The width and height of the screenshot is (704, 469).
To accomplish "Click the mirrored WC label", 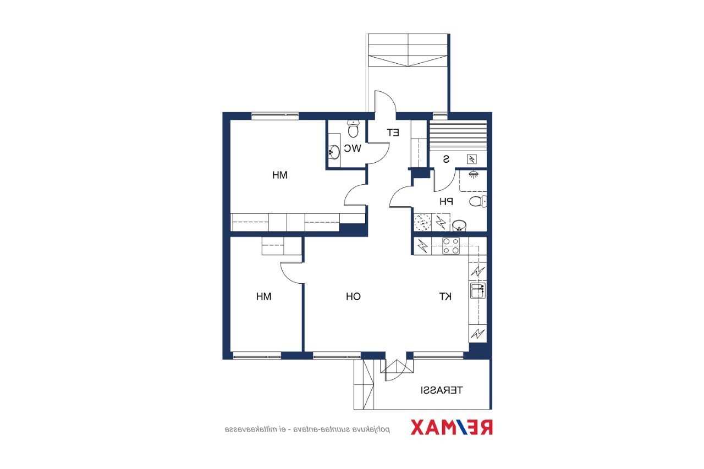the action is tap(353, 148).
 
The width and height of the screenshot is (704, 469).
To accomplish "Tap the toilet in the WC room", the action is tap(353, 129).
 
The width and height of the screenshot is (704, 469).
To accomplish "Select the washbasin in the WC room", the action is tap(334, 152).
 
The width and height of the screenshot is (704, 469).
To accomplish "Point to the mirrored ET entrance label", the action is tap(393, 133).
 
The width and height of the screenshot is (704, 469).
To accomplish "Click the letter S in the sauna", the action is tap(446, 159).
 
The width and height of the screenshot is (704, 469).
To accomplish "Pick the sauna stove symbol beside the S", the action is tap(471, 159).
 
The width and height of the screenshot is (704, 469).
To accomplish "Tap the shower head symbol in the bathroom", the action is tap(472, 174).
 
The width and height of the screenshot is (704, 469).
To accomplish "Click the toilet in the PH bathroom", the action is tap(478, 201).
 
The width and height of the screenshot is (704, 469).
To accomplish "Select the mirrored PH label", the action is tap(446, 201).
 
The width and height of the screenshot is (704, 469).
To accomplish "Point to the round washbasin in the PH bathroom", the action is tap(459, 225).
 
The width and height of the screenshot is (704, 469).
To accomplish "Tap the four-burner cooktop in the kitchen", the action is tap(451, 246).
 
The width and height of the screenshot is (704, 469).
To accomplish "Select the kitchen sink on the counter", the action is tap(478, 290).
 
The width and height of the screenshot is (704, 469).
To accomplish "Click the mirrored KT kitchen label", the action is tap(446, 296).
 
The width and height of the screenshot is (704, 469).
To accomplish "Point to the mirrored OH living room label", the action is tap(353, 296).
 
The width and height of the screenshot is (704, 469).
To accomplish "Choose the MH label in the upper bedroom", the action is tap(280, 175).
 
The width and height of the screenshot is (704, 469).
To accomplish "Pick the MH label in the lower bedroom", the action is tap(263, 296).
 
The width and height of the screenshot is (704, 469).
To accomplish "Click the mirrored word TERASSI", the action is tap(442, 390).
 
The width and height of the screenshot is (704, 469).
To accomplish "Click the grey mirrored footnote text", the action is tap(307, 429).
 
